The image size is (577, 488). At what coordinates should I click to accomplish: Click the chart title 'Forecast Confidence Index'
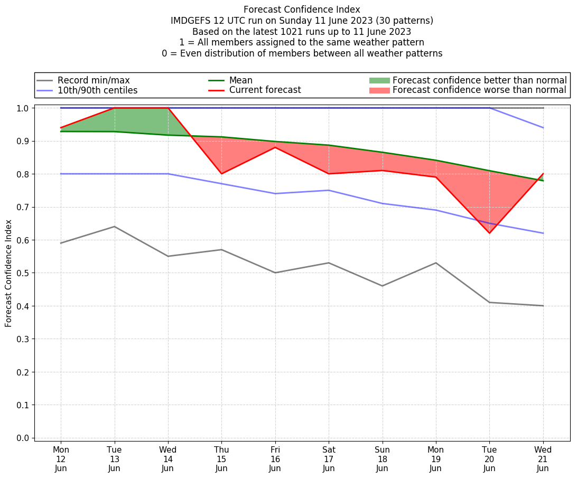click(302, 10)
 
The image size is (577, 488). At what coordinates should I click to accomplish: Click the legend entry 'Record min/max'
click(94, 80)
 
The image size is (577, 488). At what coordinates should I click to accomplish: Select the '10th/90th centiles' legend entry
click(97, 90)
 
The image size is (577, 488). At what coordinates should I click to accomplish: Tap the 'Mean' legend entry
click(240, 80)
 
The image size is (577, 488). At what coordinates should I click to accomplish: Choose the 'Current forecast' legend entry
click(265, 90)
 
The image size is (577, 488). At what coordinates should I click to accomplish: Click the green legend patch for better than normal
click(379, 80)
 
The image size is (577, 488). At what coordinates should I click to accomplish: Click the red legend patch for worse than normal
click(379, 90)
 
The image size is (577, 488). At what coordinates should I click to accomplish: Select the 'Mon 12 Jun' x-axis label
click(61, 459)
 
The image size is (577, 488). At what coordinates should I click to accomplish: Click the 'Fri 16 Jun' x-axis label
click(275, 459)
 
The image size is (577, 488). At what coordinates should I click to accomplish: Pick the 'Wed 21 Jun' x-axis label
click(543, 459)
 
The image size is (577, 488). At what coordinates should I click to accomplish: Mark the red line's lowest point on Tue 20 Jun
click(489, 233)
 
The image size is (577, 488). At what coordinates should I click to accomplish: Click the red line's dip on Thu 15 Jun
click(221, 174)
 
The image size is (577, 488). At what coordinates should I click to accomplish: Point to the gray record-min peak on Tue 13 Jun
click(114, 227)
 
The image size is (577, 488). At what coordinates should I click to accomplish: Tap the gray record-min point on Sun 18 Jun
click(382, 286)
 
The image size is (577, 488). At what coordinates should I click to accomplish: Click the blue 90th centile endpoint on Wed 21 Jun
click(543, 128)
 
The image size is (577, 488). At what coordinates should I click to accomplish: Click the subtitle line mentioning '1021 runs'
click(302, 32)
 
